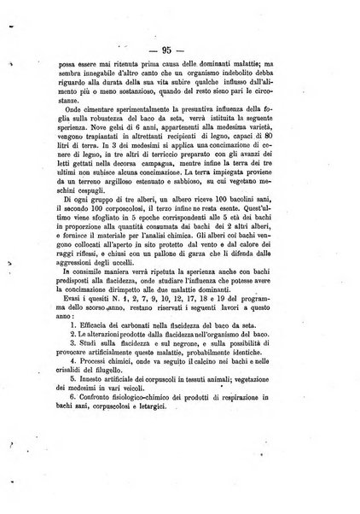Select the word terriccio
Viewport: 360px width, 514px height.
(200, 161)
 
